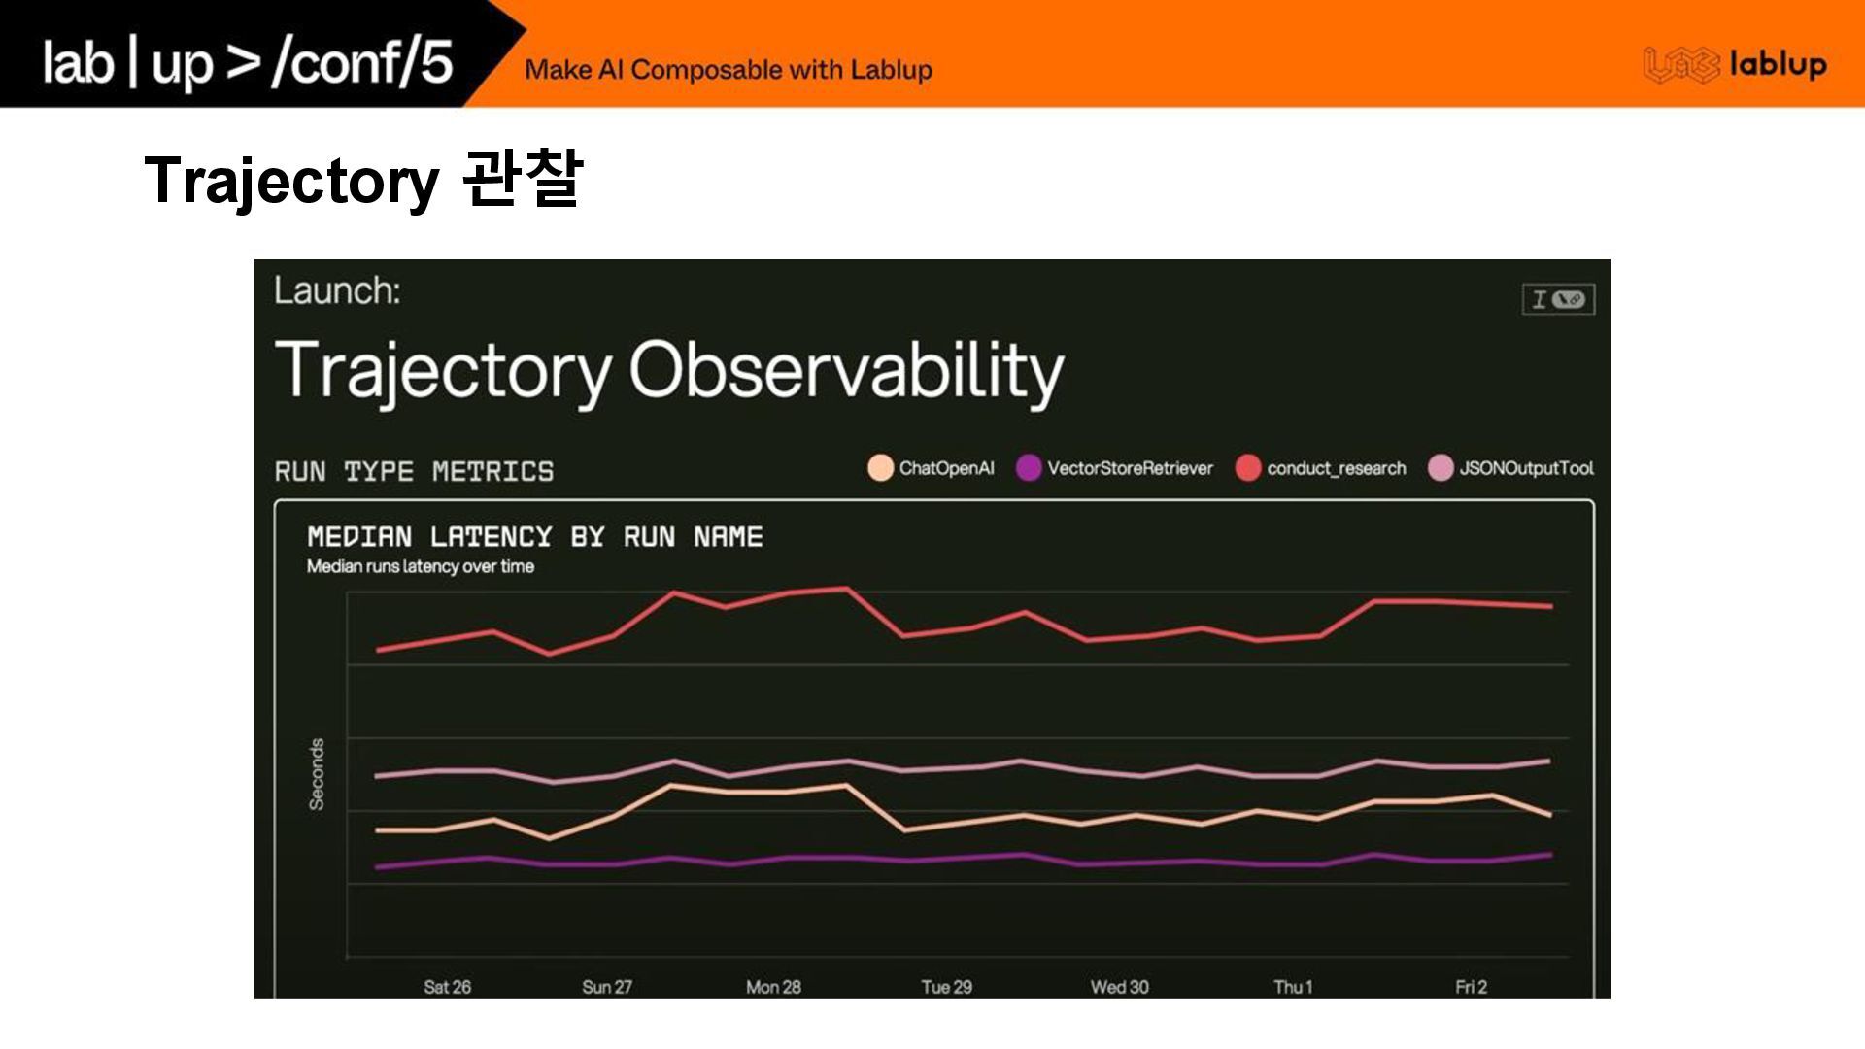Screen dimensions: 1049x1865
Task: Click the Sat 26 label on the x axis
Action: tap(447, 987)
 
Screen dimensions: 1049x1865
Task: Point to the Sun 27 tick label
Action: tap(607, 987)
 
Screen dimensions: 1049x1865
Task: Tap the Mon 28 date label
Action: tap(773, 987)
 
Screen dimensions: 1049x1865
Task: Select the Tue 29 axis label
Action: tap(946, 987)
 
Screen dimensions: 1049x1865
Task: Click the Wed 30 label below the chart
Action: tap(1119, 987)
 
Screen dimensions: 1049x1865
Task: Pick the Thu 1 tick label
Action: tap(1293, 987)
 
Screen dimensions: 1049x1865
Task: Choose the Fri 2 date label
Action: tap(1471, 987)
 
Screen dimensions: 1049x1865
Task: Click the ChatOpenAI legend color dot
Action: tap(880, 468)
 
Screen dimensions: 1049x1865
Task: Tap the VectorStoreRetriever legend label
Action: tap(1130, 468)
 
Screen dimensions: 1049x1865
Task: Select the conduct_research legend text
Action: tap(1336, 468)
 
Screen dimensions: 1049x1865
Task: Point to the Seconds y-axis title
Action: tap(317, 774)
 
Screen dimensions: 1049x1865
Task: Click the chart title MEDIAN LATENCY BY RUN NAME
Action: tap(535, 537)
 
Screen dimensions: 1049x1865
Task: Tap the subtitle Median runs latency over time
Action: tap(421, 566)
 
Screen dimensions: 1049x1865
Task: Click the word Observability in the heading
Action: tap(846, 371)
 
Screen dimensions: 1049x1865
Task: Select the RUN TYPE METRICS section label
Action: tap(414, 472)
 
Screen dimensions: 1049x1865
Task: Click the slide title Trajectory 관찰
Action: tap(363, 181)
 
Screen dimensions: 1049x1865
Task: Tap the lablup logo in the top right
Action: tap(1735, 65)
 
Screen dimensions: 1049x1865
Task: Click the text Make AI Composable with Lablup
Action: tap(729, 70)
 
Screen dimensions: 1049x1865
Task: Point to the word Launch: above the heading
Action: tap(337, 290)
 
